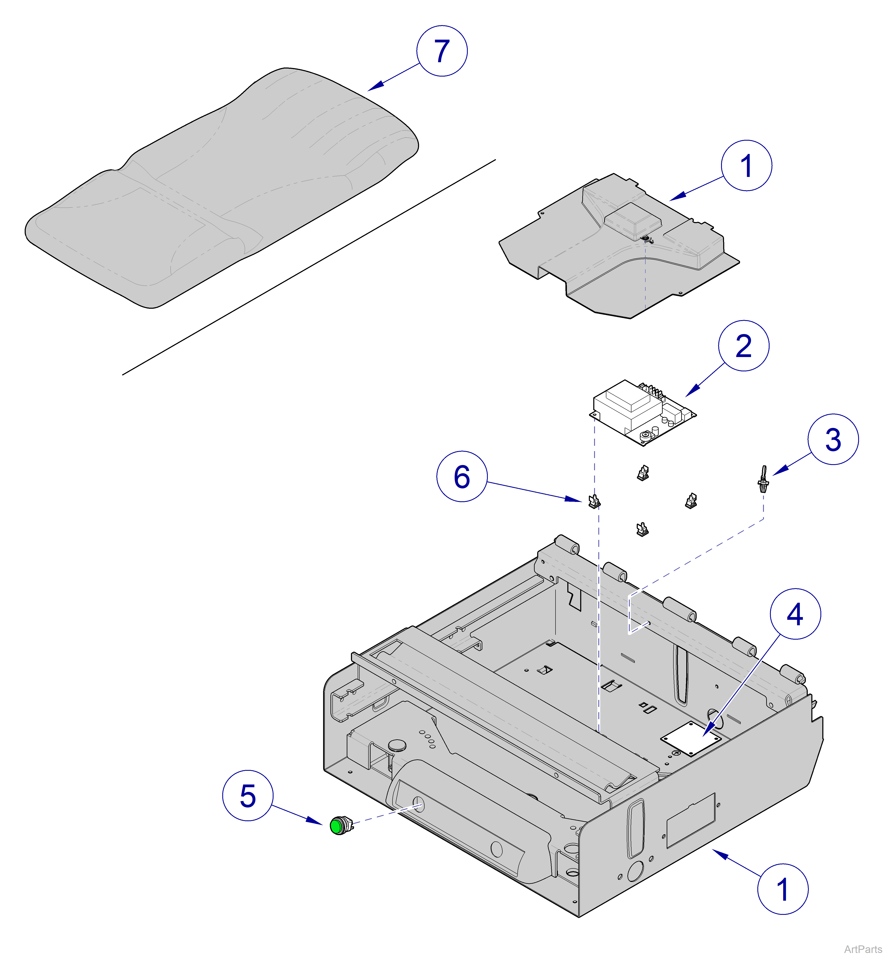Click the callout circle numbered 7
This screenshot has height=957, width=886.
(x=442, y=51)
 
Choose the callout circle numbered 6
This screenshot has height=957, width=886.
(x=462, y=477)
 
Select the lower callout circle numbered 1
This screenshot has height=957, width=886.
(x=782, y=889)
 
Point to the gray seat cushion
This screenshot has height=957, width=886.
(x=221, y=187)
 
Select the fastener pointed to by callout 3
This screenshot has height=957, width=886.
(x=763, y=480)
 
